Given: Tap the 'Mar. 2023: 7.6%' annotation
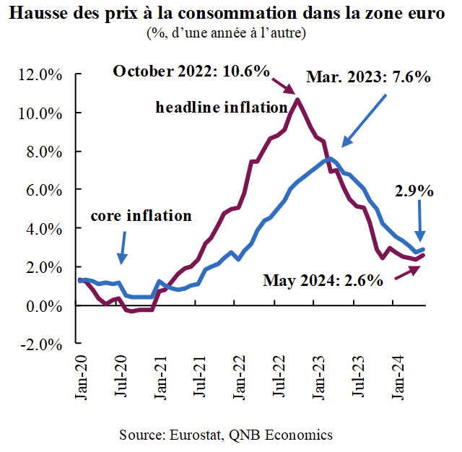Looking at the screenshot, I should tap(368, 77).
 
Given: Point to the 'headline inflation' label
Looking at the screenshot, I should tap(222, 108).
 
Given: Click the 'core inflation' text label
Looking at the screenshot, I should tap(141, 215).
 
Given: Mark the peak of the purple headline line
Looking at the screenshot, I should tap(298, 100).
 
